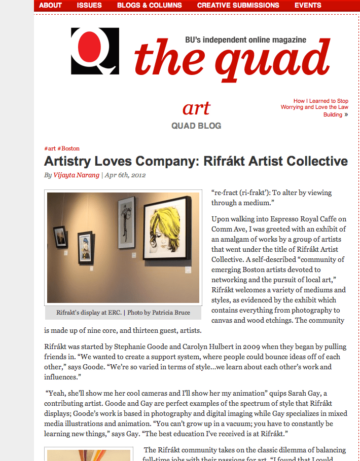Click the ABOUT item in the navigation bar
click(50, 6)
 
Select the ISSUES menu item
click(89, 6)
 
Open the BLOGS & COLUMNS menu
click(149, 6)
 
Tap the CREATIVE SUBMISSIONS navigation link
click(238, 6)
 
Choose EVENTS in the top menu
click(308, 6)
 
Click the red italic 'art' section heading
click(196, 108)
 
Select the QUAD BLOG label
click(196, 126)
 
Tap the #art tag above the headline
click(50, 149)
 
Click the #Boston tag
click(68, 149)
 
